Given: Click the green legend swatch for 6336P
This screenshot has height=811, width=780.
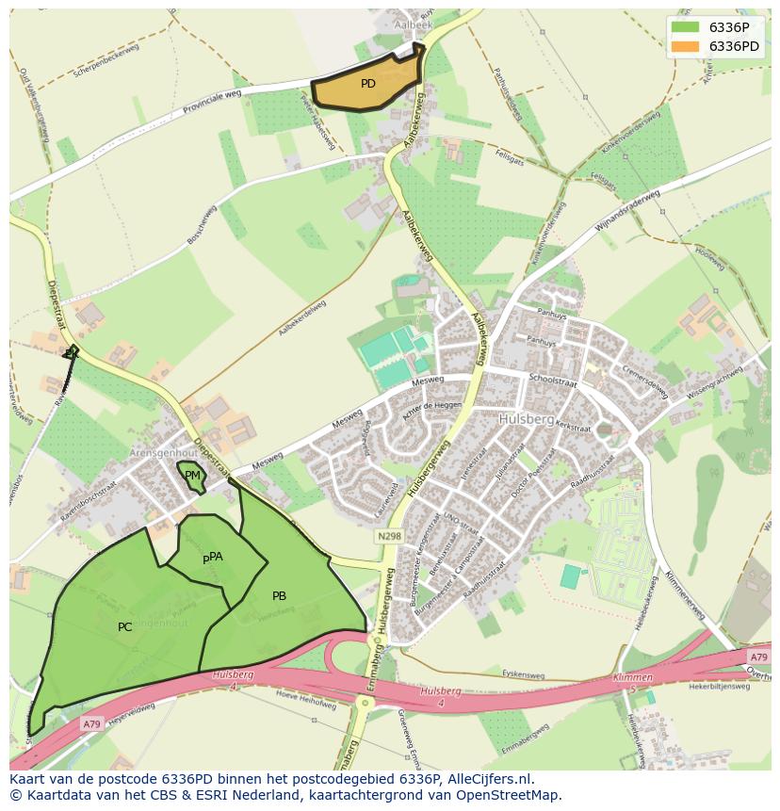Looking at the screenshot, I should tap(685, 27).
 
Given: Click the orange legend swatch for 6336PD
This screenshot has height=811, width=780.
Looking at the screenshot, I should tap(685, 46).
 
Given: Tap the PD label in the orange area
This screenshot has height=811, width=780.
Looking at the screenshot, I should tap(368, 84).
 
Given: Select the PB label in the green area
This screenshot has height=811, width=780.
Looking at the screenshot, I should tap(279, 596).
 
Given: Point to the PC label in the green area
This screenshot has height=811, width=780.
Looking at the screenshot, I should tap(125, 627).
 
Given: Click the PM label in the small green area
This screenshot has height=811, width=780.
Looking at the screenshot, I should tap(192, 476).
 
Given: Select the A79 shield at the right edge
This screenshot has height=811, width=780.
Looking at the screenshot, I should tap(757, 657).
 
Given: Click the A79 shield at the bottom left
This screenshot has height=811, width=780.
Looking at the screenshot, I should tap(90, 723).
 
